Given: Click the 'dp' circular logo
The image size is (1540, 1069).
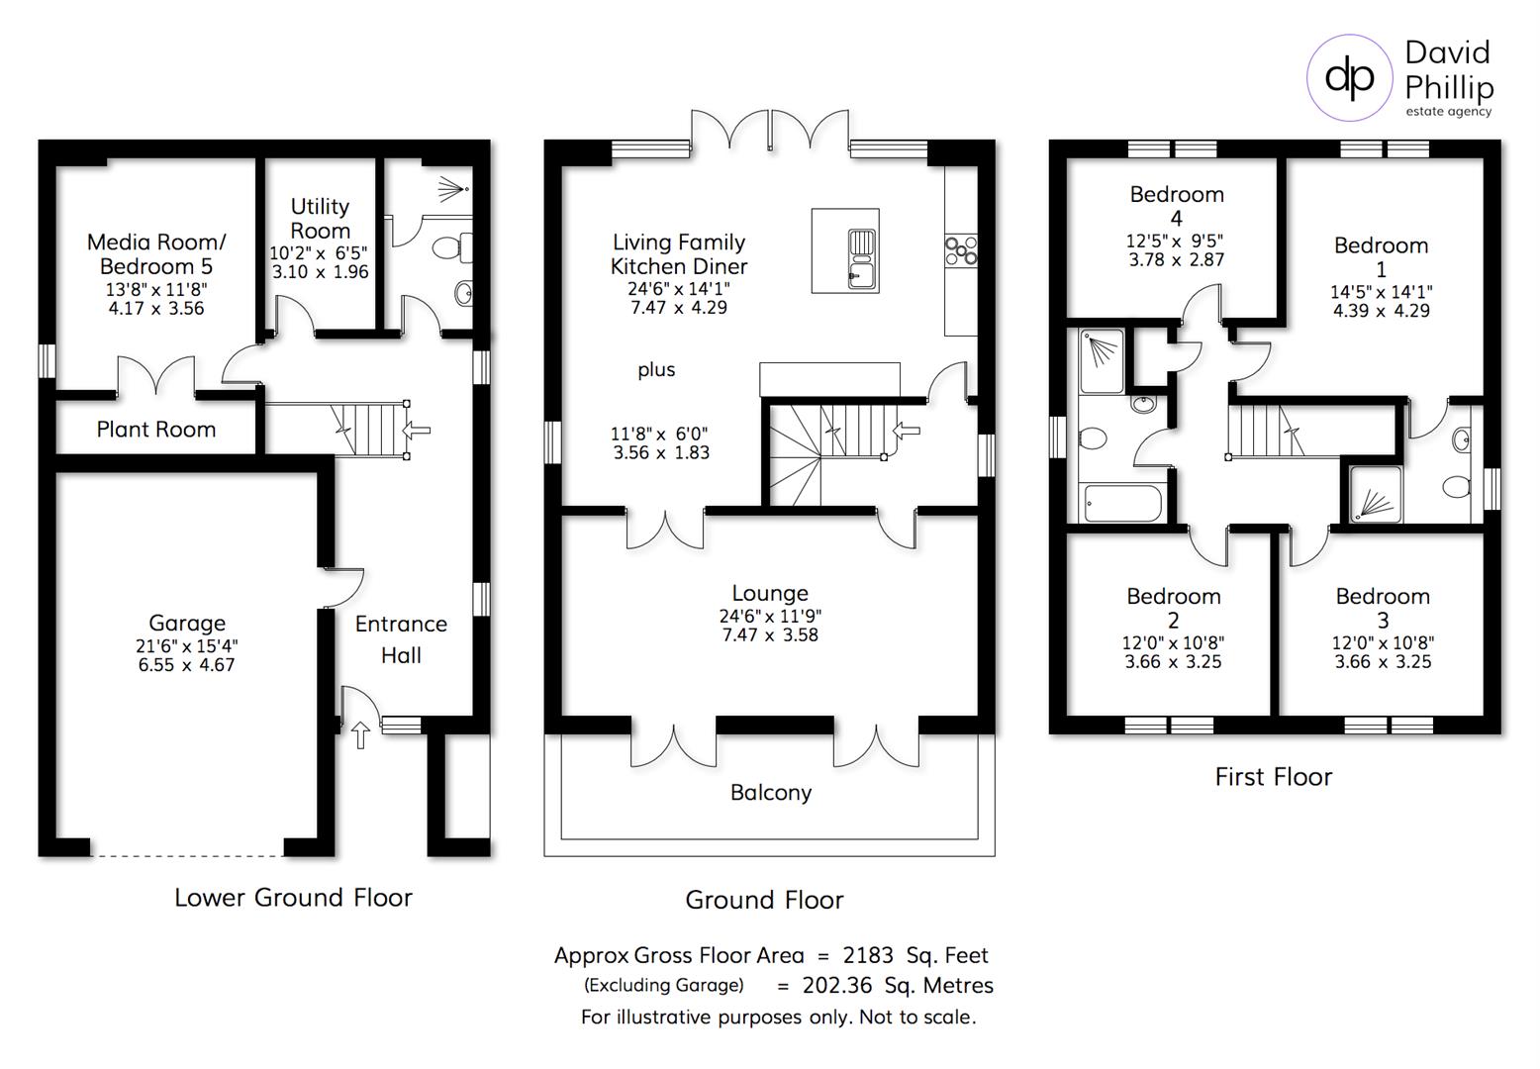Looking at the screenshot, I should click(1349, 77).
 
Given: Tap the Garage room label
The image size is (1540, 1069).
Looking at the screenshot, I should click(187, 623).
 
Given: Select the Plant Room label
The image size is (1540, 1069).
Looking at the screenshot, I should click(155, 430).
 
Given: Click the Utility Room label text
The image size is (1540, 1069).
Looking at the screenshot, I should click(320, 218).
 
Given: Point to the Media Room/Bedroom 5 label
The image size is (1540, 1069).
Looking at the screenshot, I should click(156, 254).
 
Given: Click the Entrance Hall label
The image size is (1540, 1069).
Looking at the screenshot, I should click(401, 639).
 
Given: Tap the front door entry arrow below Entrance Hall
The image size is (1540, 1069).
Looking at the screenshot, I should click(360, 734).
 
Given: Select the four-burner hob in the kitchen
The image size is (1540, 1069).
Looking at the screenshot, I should click(961, 250).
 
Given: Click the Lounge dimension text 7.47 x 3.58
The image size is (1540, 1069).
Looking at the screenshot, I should click(770, 635).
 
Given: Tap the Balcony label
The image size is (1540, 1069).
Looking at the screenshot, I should click(770, 793).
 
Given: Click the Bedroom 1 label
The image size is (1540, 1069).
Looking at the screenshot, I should click(1381, 256).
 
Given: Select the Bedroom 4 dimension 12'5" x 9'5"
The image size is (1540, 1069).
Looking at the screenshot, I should click(1176, 241).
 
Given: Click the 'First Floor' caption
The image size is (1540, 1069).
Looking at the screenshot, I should click(1273, 777).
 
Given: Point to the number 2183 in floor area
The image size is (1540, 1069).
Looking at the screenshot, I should click(868, 956).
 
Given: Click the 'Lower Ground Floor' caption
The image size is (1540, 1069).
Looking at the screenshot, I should click(293, 898).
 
